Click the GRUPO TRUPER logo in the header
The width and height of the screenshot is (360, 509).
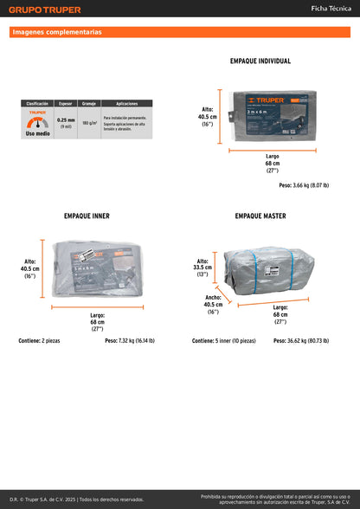46,10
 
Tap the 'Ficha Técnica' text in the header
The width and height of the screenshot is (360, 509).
331,8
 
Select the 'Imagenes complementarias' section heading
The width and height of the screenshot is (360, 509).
57,32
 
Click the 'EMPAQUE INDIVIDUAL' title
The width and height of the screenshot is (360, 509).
260,61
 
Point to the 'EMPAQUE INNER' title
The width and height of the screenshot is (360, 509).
87,216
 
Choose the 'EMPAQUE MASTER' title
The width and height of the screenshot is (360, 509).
260,216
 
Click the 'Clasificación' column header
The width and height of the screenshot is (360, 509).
37,103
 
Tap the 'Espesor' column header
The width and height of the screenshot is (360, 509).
66,103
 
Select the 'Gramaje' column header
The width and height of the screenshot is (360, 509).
88,103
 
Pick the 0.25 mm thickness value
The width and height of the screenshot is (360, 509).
66,120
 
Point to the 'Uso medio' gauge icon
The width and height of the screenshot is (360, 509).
36,123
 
